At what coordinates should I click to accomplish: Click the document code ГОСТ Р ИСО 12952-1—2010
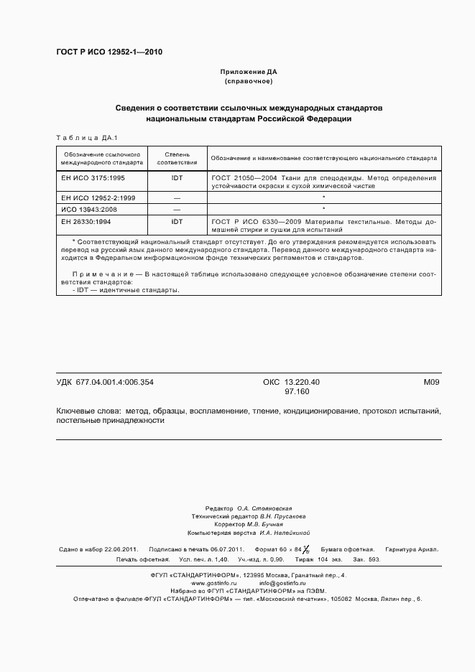pos(109,52)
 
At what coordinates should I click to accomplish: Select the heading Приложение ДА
pos(248,73)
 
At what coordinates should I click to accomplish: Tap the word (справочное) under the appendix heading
pos(248,82)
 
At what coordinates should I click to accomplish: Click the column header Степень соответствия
pos(177,158)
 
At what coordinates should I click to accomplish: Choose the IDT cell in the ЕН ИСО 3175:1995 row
pos(177,177)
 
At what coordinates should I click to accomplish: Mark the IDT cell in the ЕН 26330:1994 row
pos(177,222)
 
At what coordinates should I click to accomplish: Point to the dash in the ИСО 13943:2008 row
pos(177,210)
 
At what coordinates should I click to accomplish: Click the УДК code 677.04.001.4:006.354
pos(114,382)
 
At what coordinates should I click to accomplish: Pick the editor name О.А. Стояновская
pos(264,508)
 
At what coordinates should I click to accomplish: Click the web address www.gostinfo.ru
pos(213,583)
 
